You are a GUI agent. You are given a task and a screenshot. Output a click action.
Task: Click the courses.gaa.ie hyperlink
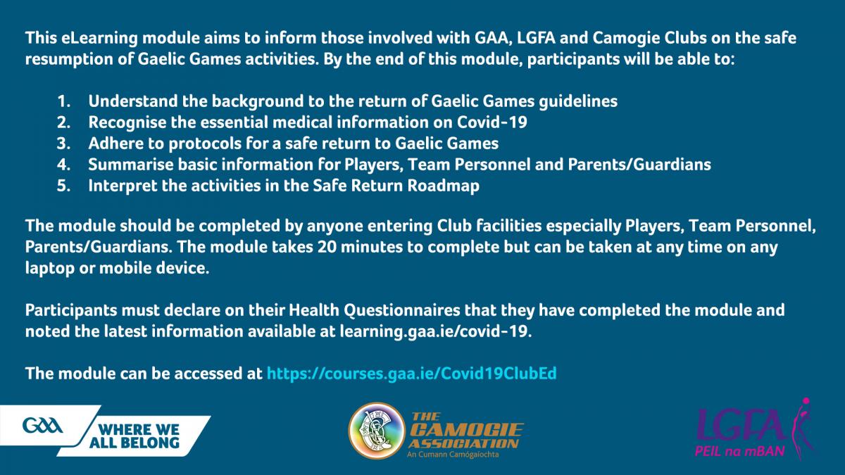click(x=411, y=374)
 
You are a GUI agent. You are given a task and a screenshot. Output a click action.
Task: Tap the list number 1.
click(x=64, y=101)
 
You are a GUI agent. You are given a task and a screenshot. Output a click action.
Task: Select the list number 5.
click(x=64, y=186)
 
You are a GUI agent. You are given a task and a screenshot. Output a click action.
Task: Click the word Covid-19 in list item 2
click(x=492, y=122)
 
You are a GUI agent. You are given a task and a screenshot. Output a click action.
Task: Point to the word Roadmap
click(x=443, y=186)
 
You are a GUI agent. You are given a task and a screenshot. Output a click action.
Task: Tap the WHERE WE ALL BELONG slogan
click(x=134, y=436)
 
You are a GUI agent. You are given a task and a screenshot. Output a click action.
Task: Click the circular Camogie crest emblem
click(x=376, y=431)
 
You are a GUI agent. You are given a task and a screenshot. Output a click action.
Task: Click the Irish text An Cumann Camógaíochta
click(x=453, y=455)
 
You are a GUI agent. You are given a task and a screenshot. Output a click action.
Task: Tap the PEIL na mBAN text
click(x=740, y=451)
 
